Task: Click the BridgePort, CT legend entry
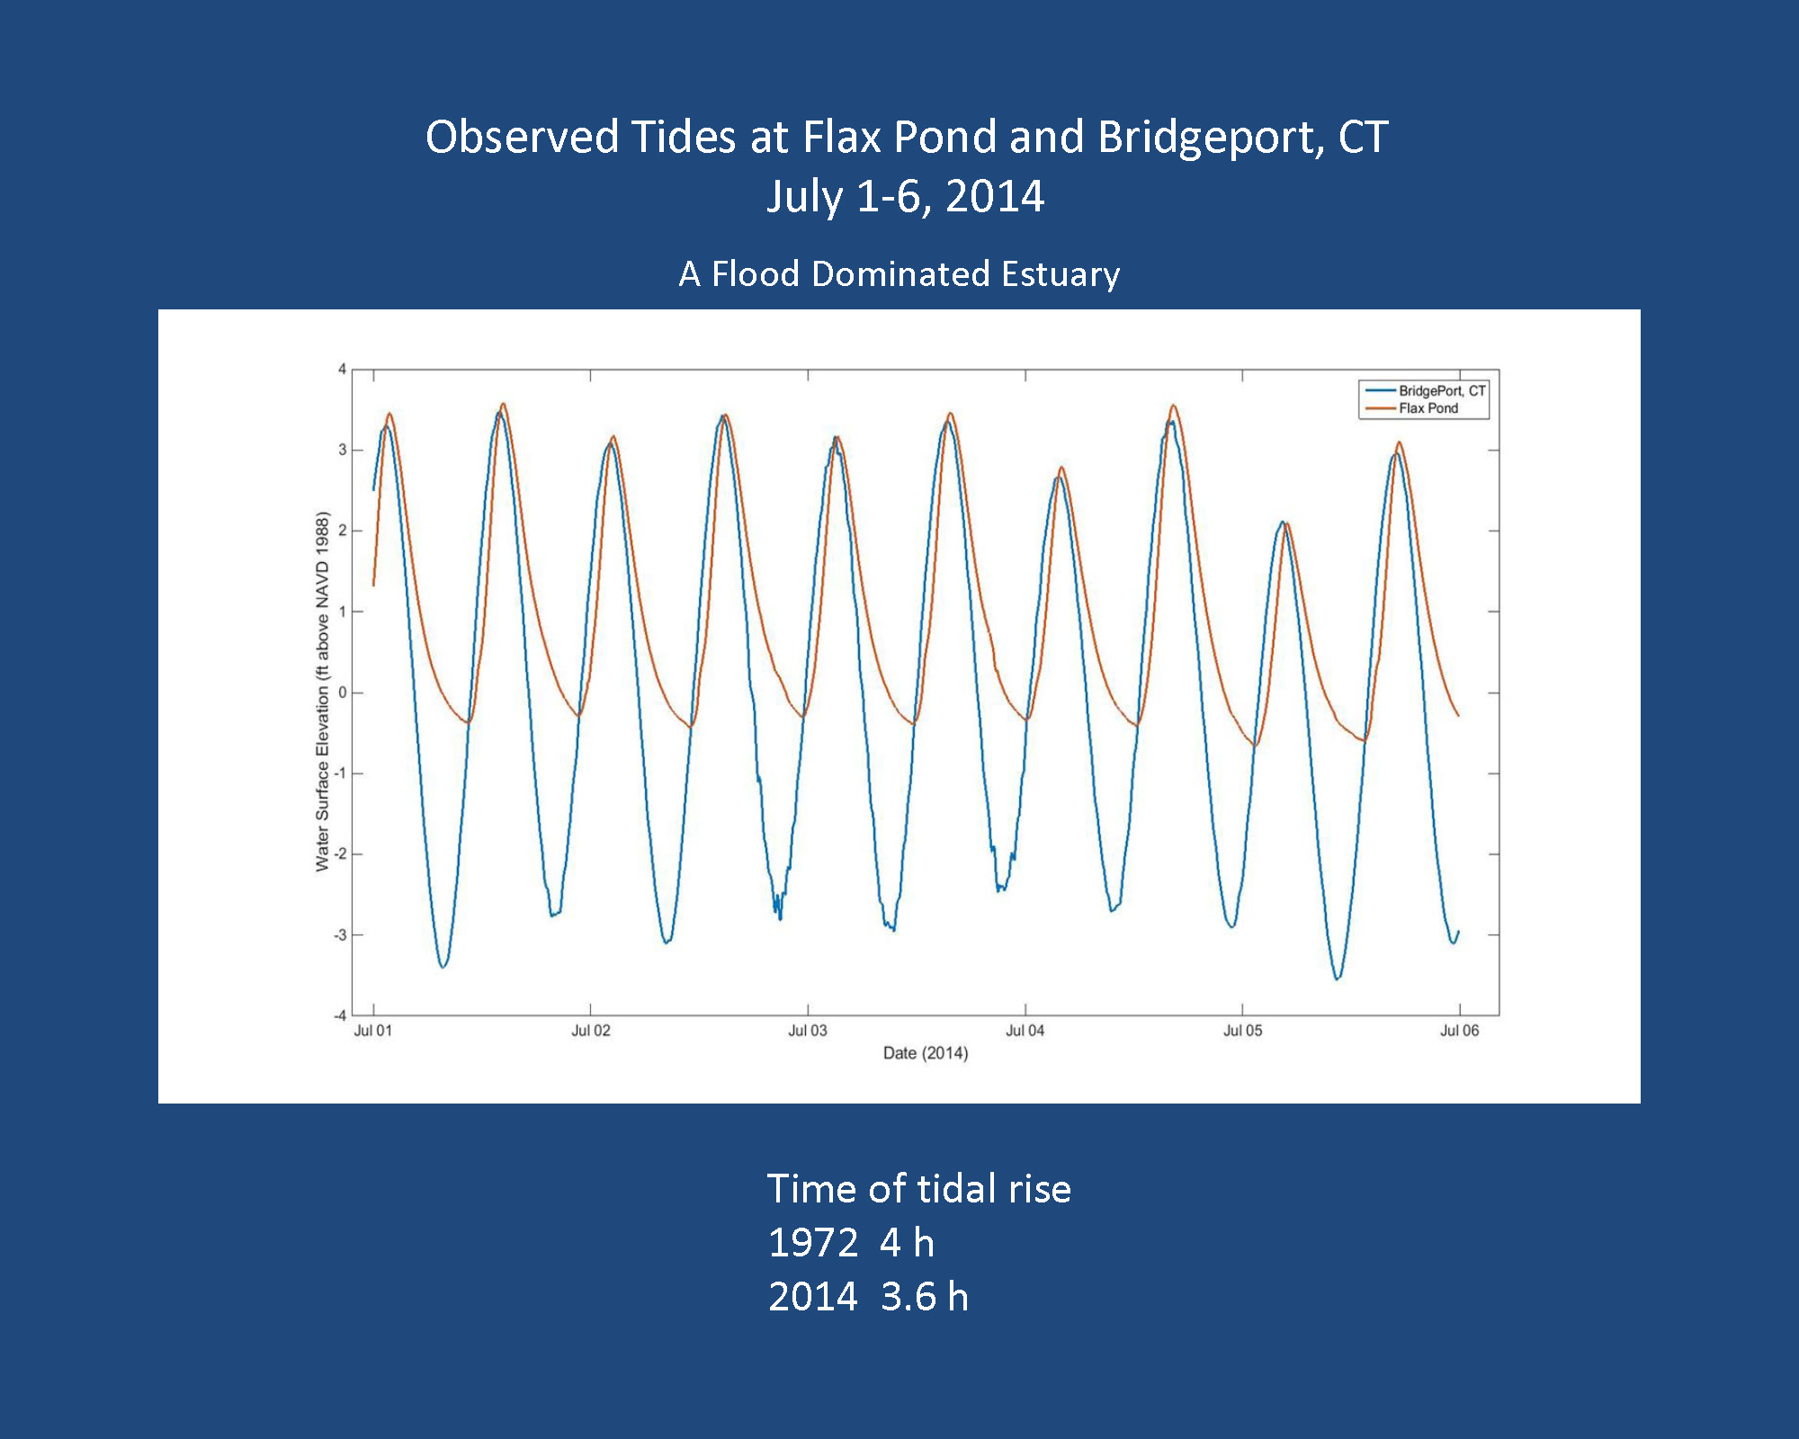(x=1441, y=391)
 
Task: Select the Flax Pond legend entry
(x=1428, y=408)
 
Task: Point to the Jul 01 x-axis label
(x=372, y=1031)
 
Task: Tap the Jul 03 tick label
(x=807, y=1031)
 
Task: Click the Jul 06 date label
(x=1459, y=1031)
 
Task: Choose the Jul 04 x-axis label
(x=1025, y=1031)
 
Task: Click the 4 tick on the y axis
(x=342, y=369)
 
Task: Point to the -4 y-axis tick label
(x=340, y=1015)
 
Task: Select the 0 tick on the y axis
(x=342, y=693)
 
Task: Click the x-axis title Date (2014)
(x=926, y=1053)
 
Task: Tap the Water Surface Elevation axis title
(x=322, y=692)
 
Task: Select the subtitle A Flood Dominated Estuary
(x=899, y=274)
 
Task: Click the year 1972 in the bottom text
(x=813, y=1243)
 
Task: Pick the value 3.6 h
(x=925, y=1297)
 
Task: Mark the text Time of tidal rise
(x=918, y=1189)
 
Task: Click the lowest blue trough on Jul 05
(x=1338, y=979)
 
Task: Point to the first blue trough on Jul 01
(x=443, y=967)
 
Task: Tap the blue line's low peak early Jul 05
(x=1282, y=522)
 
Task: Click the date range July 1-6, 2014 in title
(x=905, y=197)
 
